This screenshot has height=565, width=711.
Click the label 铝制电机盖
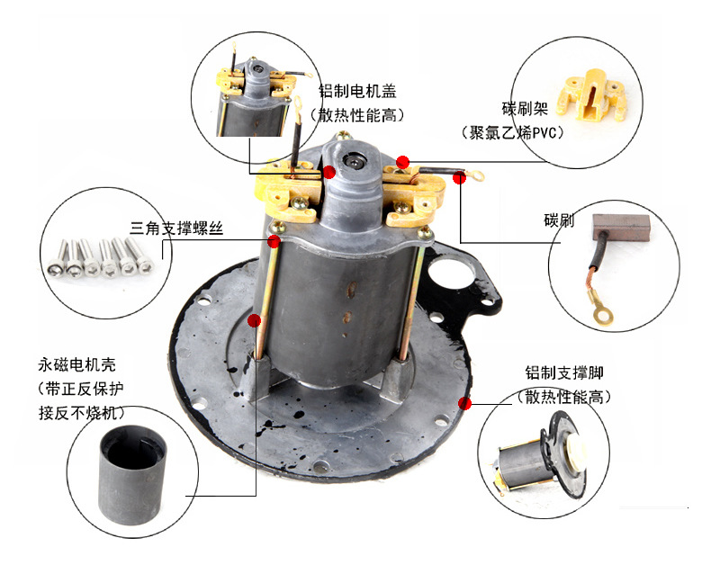pos(356,91)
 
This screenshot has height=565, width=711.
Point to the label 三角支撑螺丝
pos(176,229)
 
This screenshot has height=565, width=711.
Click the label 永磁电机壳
pos(76,365)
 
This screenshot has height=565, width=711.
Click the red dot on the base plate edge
pos(464,403)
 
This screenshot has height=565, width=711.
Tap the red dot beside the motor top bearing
pos(329,172)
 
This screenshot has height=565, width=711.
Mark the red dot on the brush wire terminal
pos(459,178)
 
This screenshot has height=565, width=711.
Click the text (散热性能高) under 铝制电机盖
pos(356,115)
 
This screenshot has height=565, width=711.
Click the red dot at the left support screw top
pos(274,241)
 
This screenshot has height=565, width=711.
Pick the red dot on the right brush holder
pos(403,163)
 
